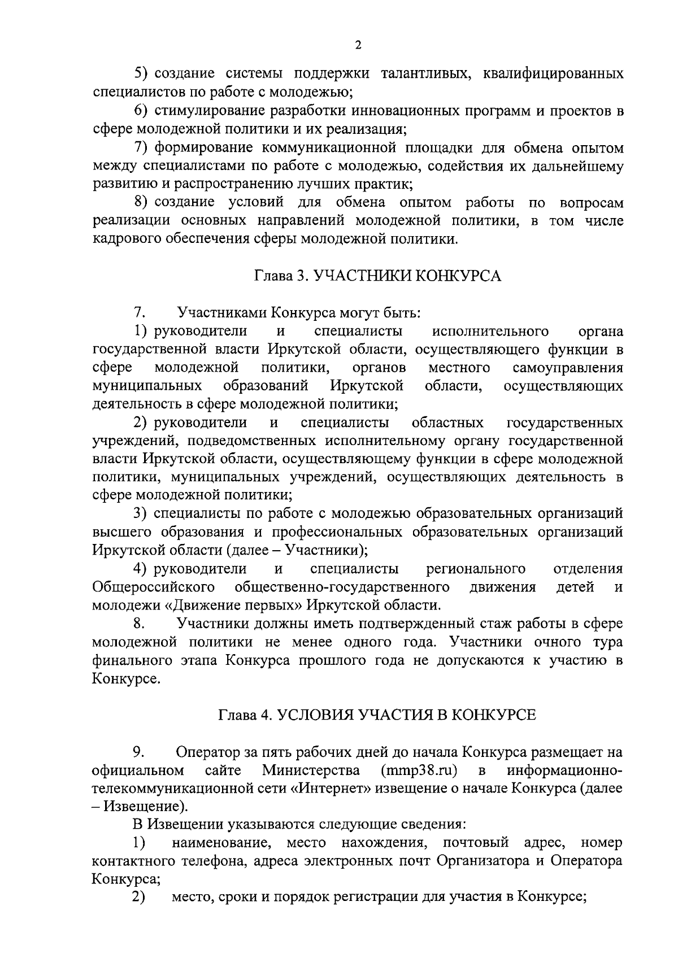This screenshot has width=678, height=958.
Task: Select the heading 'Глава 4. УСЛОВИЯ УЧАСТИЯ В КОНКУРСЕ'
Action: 377,714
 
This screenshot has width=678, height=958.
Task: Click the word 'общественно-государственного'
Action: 342,587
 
